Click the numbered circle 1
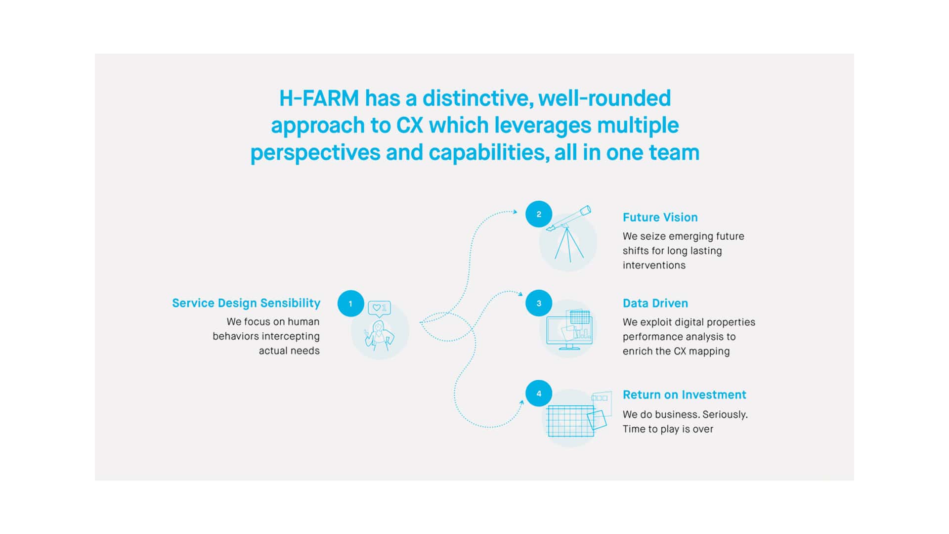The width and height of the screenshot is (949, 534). (350, 304)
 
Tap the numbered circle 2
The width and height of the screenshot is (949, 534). (539, 214)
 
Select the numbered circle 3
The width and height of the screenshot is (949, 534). (539, 303)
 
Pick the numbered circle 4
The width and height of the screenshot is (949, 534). (539, 394)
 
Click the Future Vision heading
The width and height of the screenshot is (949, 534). (660, 218)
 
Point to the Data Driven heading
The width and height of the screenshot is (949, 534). (655, 303)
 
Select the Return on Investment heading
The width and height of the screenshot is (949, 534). (684, 395)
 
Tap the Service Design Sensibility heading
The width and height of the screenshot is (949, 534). (246, 303)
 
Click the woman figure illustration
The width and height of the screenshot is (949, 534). (379, 335)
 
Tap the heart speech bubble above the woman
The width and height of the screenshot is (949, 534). (379, 309)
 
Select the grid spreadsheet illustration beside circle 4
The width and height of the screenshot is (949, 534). (571, 421)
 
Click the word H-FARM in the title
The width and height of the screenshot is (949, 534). (319, 98)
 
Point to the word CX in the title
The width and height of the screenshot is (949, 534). (410, 125)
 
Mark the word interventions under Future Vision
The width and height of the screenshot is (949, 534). (654, 266)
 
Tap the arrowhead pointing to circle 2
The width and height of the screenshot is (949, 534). (515, 212)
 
